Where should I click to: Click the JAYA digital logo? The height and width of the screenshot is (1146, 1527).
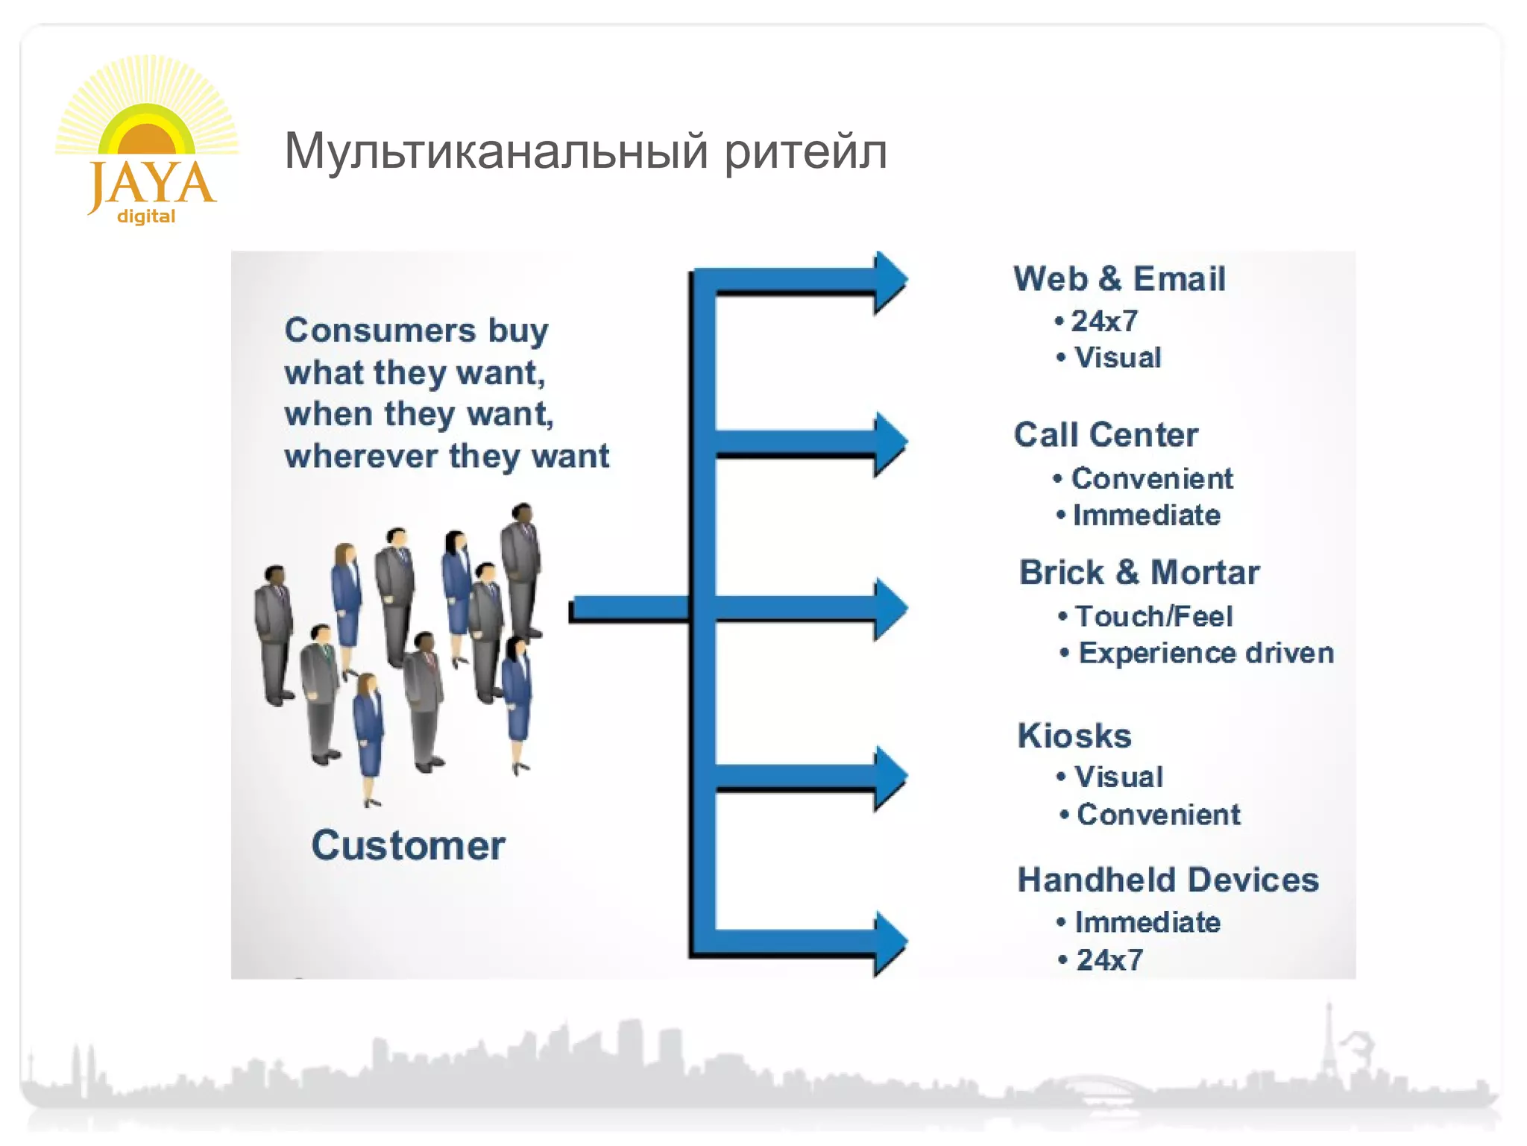[x=147, y=142]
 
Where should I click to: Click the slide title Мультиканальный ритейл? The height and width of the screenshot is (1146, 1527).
[x=585, y=151]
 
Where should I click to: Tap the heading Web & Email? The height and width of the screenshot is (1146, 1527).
[x=1118, y=279]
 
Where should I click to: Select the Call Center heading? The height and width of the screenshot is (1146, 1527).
[x=1106, y=435]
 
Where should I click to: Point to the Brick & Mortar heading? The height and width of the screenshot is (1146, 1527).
[x=1139, y=573]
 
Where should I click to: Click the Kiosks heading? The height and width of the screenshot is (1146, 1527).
[x=1074, y=736]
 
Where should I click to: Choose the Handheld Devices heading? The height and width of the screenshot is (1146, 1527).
[x=1168, y=880]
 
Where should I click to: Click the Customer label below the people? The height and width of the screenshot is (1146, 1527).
[x=408, y=846]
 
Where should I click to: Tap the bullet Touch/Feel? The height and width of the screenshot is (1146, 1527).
[x=1153, y=617]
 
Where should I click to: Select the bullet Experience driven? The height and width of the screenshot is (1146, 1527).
[x=1205, y=654]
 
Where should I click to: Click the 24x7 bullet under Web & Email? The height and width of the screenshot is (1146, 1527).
[x=1104, y=322]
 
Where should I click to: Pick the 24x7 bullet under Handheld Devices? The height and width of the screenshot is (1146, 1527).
[x=1109, y=960]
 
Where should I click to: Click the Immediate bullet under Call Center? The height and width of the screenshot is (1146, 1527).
[x=1146, y=516]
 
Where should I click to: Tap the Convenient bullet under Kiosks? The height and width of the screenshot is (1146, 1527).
[x=1158, y=815]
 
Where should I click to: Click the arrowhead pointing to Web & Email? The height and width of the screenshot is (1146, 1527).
[x=890, y=281]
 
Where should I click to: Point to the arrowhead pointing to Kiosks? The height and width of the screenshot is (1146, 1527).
[x=890, y=777]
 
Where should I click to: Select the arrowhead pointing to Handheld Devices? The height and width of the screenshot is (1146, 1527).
[x=890, y=943]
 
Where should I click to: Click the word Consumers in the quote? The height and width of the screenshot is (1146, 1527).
[x=380, y=331]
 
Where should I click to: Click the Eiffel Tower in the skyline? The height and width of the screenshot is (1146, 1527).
[x=1328, y=1048]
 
